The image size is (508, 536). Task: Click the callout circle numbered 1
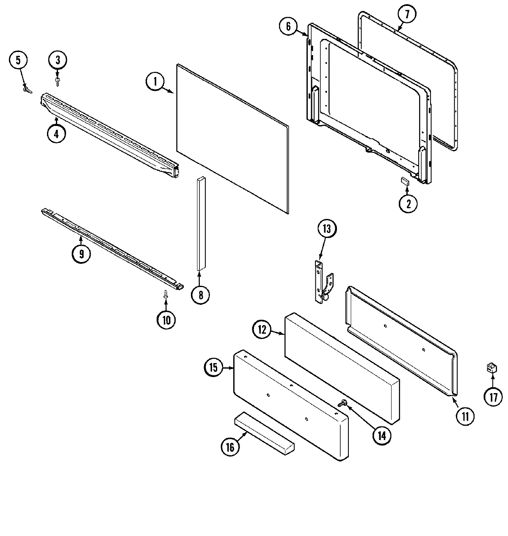(x=155, y=82)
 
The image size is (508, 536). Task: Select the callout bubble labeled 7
(x=406, y=15)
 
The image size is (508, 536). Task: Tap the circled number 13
(x=327, y=229)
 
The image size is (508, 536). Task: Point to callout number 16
(x=230, y=447)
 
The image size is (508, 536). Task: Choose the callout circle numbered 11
(x=465, y=416)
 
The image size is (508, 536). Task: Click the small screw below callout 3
(x=58, y=79)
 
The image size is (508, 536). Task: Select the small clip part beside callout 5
(x=28, y=89)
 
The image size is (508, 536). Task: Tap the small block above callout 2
(x=404, y=181)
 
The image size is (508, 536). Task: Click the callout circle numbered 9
(x=81, y=254)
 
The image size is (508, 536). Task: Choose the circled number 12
(x=262, y=329)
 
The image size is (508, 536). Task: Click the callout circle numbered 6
(x=288, y=27)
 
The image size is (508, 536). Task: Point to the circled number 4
(x=56, y=134)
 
